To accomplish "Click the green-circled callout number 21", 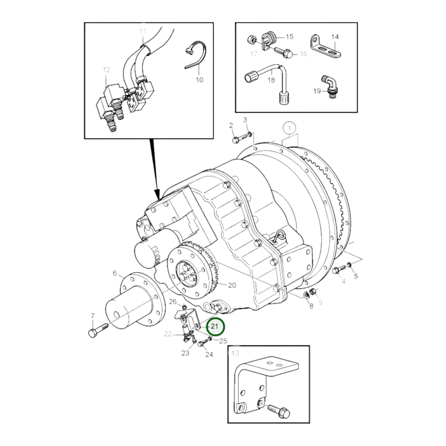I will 216,327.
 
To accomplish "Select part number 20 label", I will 232,285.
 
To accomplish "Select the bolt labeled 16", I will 285,52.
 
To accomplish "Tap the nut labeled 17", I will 251,39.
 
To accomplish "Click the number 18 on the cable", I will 271,80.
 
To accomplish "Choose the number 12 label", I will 106,70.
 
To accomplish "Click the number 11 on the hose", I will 142,31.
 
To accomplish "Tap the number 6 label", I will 115,273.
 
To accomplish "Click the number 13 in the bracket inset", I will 235,353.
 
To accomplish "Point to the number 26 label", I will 173,301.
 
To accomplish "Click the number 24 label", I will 209,355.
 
